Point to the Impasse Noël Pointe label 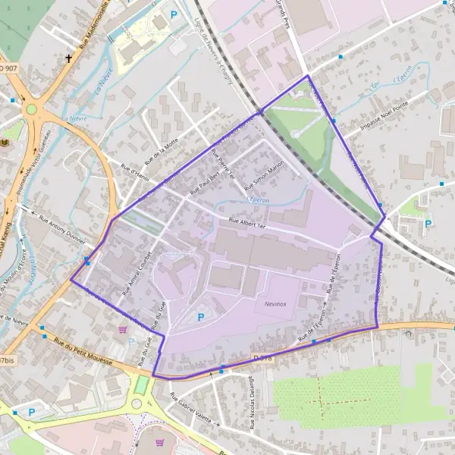tap(384, 118)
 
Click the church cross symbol tap(69, 58)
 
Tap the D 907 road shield tap(7, 69)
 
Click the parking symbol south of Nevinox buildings tap(201, 317)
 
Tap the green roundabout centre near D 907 tap(32, 109)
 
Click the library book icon tap(6, 143)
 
